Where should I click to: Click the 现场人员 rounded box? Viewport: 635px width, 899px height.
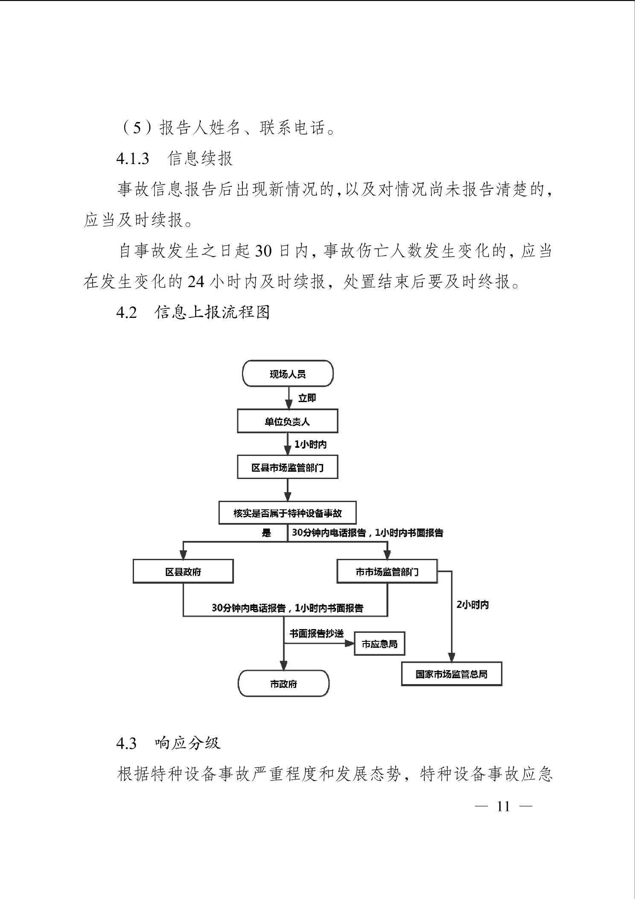(288, 374)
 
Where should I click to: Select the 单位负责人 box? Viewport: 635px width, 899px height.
(288, 421)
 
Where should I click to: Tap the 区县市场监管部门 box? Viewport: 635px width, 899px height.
(288, 467)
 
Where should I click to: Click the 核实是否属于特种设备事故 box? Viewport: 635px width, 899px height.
(287, 513)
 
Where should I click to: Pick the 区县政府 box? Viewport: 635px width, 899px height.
(183, 572)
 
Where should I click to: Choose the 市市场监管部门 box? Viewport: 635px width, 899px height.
(387, 572)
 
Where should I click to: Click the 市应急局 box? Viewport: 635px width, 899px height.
(379, 644)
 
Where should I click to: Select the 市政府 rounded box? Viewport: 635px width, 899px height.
(283, 684)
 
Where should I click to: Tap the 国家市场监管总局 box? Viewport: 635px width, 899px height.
(451, 674)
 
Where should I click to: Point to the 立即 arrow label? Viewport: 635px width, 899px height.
(307, 398)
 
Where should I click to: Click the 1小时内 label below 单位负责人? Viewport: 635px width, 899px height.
(311, 444)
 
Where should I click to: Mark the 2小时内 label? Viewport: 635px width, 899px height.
(473, 605)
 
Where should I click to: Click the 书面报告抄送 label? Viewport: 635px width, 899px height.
(316, 633)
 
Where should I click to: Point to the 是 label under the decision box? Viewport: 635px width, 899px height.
(266, 533)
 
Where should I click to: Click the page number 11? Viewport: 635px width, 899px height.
(504, 806)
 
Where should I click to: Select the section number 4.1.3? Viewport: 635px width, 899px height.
(133, 159)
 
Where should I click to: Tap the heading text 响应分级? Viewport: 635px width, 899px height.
(188, 743)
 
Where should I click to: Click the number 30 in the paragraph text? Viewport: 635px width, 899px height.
(263, 251)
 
